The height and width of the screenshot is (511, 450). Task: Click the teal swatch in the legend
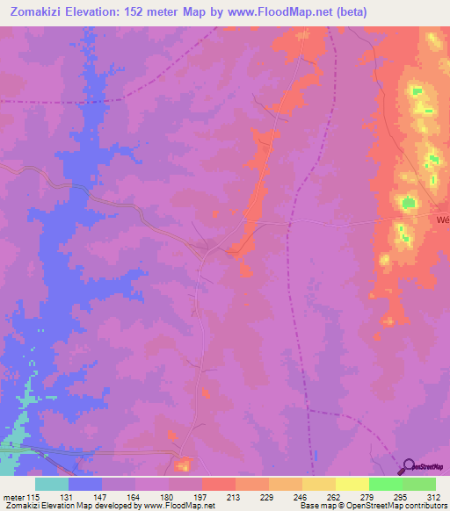[52, 484]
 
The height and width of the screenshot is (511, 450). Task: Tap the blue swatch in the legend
[85, 484]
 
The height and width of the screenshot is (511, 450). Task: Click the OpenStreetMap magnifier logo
[408, 466]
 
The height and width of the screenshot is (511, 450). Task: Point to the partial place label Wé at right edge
[442, 220]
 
